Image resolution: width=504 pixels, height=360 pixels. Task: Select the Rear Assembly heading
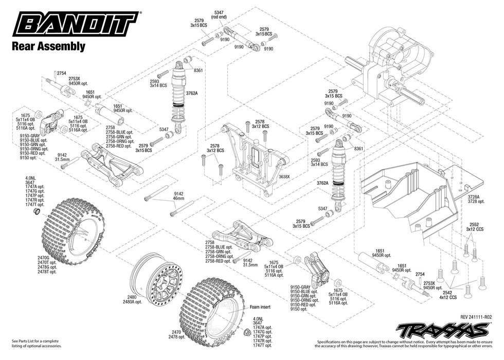pos(48,46)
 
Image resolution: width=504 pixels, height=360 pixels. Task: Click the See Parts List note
pos(35,344)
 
